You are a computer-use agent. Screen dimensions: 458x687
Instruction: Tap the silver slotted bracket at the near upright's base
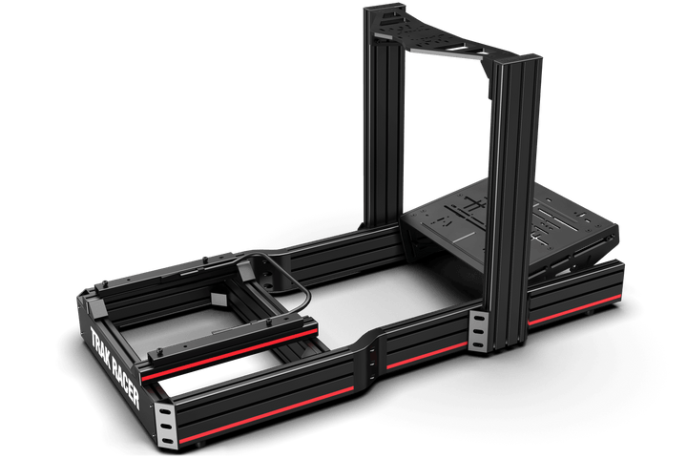click(480, 330)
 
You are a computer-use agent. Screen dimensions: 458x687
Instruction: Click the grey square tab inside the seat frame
click(216, 300)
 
